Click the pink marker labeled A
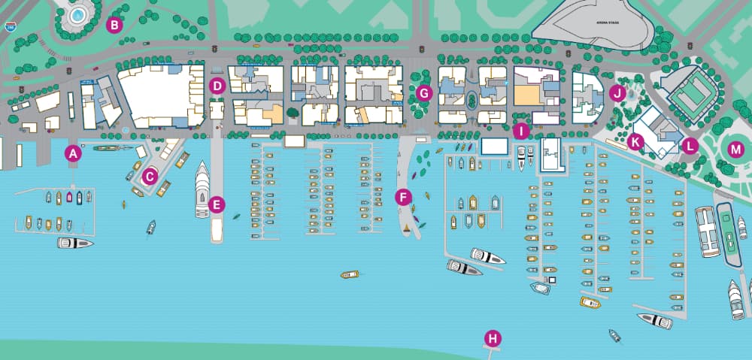(x=73, y=153)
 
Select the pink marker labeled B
(x=114, y=25)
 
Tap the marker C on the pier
(x=150, y=177)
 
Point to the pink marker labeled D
(x=217, y=86)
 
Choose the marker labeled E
(x=217, y=204)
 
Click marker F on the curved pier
(x=404, y=198)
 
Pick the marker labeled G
(x=423, y=93)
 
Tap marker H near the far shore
(x=493, y=338)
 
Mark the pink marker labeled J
(x=617, y=93)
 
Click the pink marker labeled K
(x=635, y=141)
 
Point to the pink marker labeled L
(x=690, y=146)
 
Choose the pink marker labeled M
(x=735, y=150)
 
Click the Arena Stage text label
(x=605, y=23)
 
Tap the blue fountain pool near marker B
(x=77, y=14)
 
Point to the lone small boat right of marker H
(x=615, y=335)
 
